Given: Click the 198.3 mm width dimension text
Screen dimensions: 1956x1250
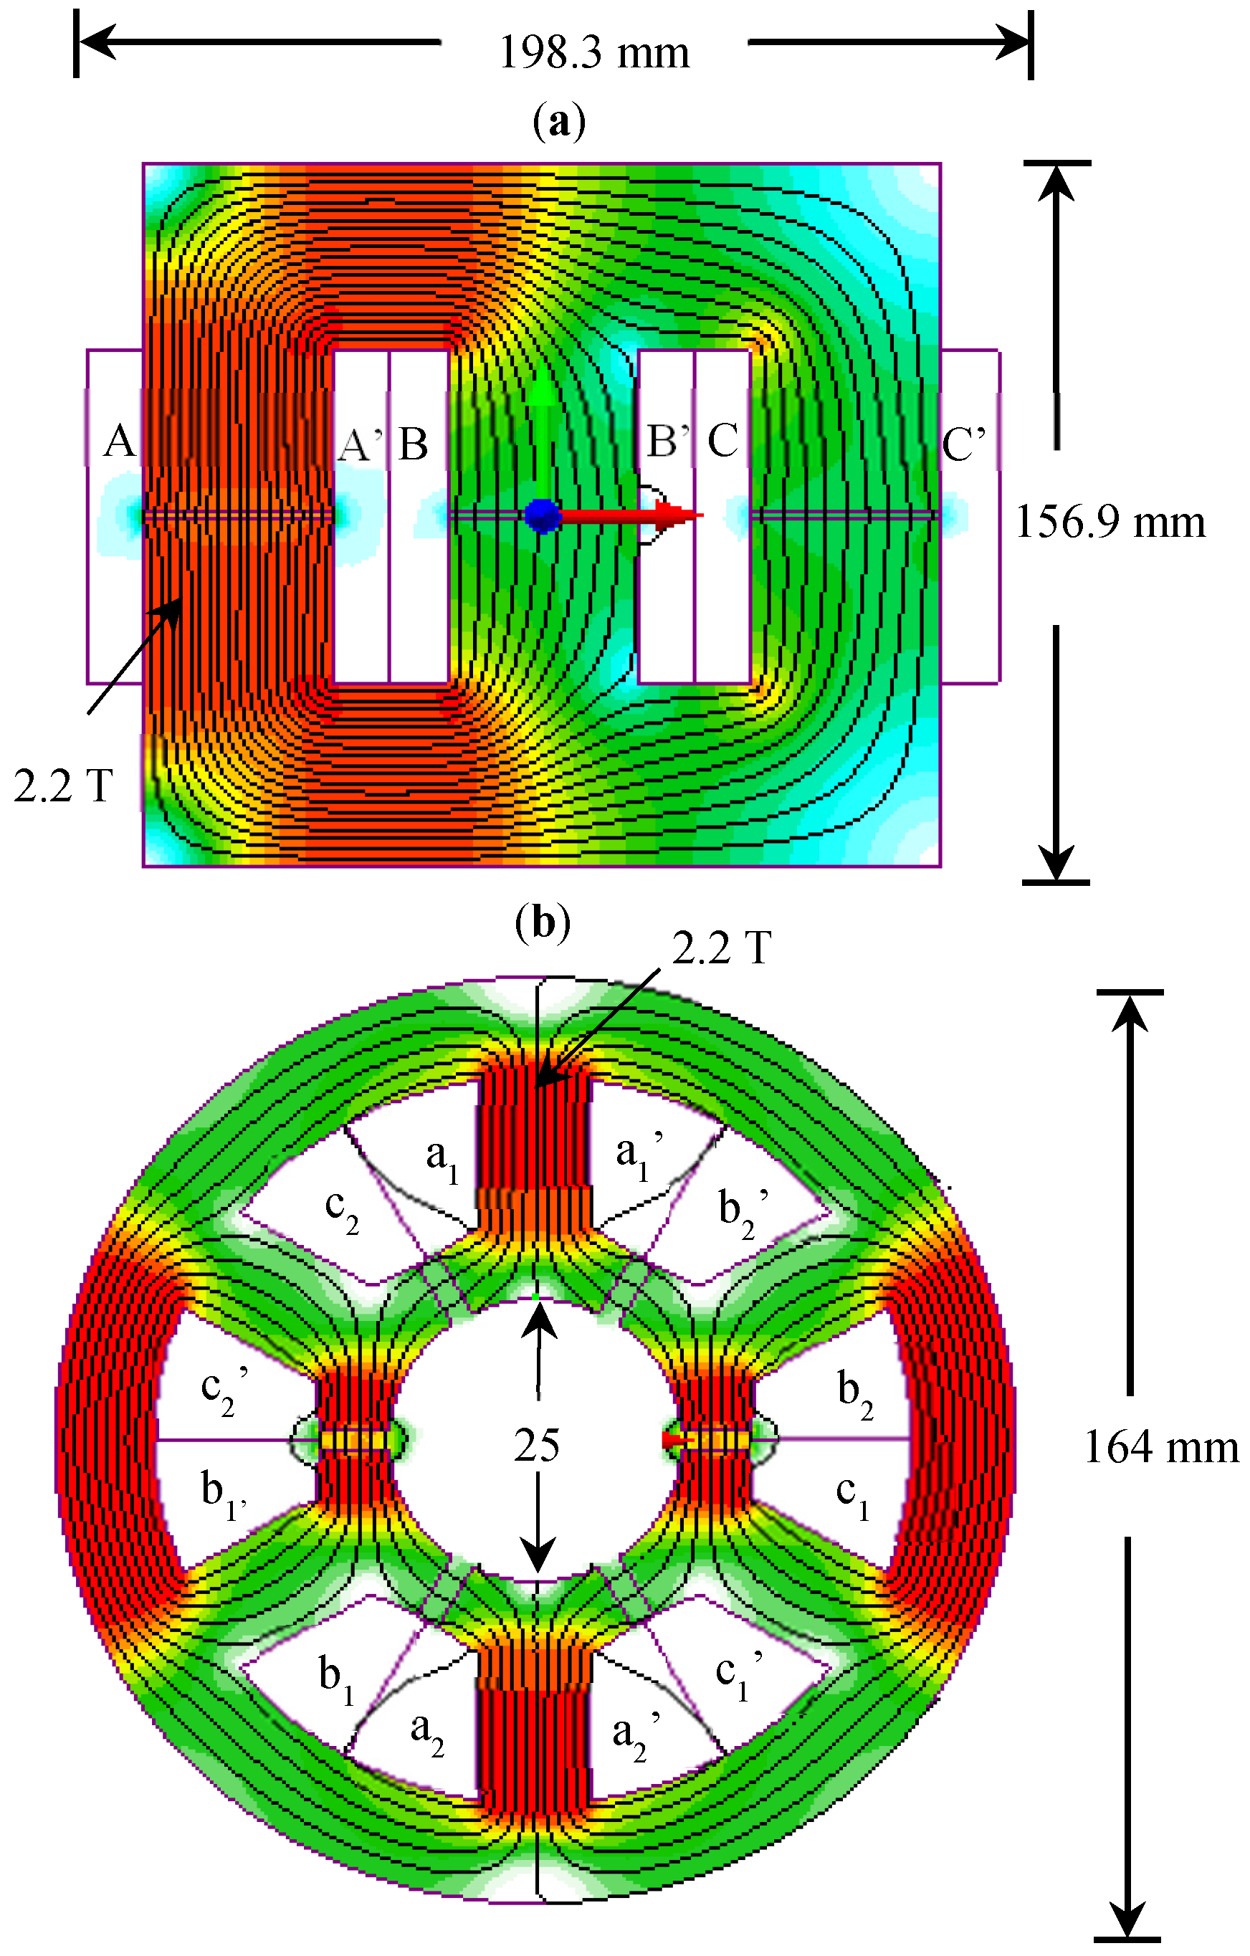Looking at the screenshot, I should click(x=593, y=54).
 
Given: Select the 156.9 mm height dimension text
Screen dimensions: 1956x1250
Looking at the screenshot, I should click(x=1110, y=523).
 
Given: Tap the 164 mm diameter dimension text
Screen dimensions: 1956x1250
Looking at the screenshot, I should click(x=1160, y=1446).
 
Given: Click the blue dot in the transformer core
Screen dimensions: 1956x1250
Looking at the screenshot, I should click(x=543, y=515).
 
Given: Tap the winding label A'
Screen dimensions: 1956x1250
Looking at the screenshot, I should click(x=361, y=444).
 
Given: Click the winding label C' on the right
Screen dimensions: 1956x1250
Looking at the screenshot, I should click(x=964, y=444).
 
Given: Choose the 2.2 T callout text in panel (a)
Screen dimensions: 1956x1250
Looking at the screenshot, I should click(x=62, y=786).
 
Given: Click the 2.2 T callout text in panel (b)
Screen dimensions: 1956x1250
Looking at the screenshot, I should click(x=721, y=948).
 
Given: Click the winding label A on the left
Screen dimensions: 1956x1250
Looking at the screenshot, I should click(x=120, y=442).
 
